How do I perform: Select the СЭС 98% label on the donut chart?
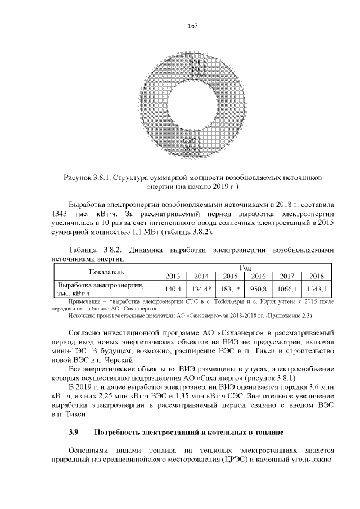[190, 144]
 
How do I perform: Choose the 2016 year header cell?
[258, 276]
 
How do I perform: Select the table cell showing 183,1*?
[230, 289]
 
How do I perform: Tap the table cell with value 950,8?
[258, 289]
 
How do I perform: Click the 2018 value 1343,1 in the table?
[316, 289]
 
